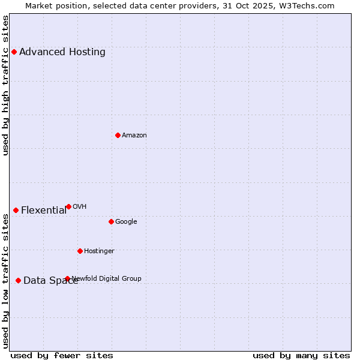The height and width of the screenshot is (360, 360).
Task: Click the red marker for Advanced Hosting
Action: [14, 52]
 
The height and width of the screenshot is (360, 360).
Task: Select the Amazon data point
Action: [118, 135]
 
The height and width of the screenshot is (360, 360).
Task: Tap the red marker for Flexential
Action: [16, 210]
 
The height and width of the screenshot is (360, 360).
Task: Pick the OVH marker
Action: [68, 206]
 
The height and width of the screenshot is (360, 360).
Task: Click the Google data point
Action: [111, 221]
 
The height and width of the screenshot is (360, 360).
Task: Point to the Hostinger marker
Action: [80, 251]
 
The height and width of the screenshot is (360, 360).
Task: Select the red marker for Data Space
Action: [18, 280]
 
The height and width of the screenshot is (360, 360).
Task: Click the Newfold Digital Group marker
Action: [67, 278]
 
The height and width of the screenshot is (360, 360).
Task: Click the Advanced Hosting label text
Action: [62, 52]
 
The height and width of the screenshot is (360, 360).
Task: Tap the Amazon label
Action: [134, 136]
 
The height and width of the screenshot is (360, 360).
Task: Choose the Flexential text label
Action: [44, 211]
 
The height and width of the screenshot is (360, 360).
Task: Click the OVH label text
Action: [80, 207]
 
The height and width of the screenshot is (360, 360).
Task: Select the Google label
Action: [126, 222]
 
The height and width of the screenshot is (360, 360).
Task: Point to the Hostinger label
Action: [99, 251]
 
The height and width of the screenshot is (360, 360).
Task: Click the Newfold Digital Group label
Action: [107, 279]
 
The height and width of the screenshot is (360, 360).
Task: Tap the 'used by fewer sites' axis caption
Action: [62, 355]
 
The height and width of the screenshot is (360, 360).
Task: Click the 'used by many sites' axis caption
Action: [301, 355]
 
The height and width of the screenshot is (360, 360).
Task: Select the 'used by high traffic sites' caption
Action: [6, 85]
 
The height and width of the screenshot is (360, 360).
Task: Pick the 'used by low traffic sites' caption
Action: [6, 281]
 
